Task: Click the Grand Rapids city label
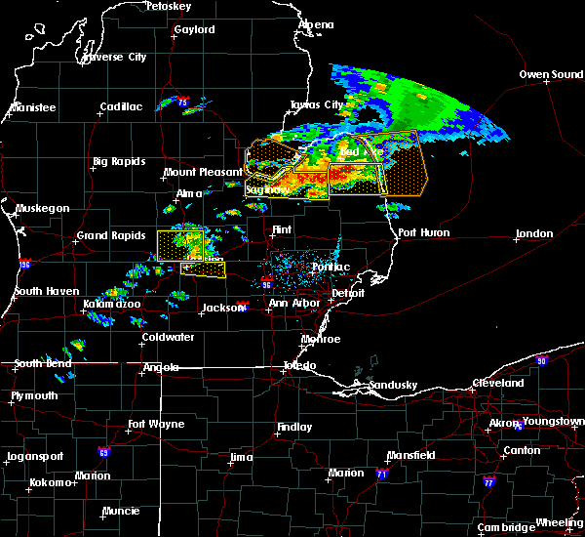109,235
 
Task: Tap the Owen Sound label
550,74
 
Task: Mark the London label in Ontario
534,233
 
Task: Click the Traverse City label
114,57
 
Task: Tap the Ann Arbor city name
292,303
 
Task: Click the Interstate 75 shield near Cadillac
182,101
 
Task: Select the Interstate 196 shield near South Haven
23,265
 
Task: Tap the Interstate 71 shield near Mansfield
381,473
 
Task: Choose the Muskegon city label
42,208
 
